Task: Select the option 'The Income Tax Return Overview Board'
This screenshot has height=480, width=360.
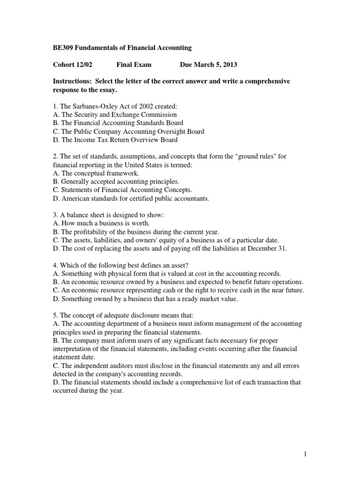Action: [115, 140]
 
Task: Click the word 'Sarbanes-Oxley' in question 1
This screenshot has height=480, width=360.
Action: [94, 106]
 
